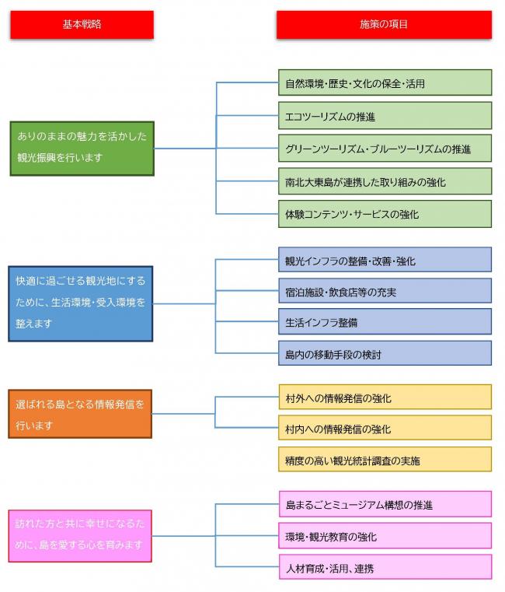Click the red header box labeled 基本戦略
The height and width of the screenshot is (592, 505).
point(82,24)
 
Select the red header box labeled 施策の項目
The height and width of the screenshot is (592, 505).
point(384,24)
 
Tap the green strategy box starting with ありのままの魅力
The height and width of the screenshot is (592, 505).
point(82,148)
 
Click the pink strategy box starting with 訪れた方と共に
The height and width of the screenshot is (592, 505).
point(80,535)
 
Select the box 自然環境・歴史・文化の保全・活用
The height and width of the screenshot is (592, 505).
point(384,82)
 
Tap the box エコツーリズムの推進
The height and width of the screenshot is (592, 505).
point(384,116)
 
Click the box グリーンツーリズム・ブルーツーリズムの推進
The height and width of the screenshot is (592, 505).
point(384,149)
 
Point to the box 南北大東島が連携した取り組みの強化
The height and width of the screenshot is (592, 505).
point(384,181)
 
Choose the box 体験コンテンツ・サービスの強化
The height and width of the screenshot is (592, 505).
point(384,214)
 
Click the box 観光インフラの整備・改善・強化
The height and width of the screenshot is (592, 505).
point(384,260)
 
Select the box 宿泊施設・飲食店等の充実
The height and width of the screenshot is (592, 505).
point(384,291)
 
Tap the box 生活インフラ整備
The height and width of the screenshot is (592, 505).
point(384,321)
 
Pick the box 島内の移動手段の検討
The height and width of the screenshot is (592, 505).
point(384,353)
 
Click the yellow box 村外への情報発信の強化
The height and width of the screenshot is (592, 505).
point(384,398)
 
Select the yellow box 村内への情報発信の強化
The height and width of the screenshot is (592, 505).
point(384,428)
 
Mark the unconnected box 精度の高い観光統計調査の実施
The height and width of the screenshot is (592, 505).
point(384,460)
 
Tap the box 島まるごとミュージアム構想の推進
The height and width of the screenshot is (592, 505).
point(384,504)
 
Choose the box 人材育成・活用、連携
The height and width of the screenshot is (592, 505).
point(384,567)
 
